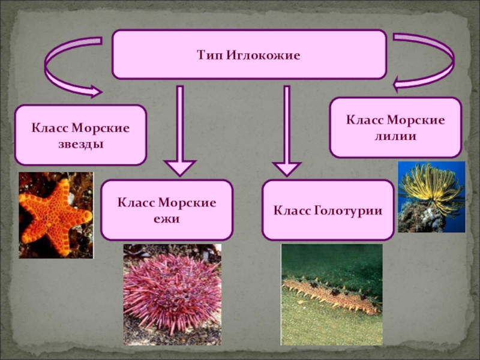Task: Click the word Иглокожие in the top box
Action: [263, 55]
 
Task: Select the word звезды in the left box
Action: [80, 144]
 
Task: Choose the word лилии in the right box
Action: [395, 136]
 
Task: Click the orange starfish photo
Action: [56, 215]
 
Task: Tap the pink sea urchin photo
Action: [172, 294]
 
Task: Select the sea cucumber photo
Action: [331, 294]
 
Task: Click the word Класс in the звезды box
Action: [50, 128]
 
